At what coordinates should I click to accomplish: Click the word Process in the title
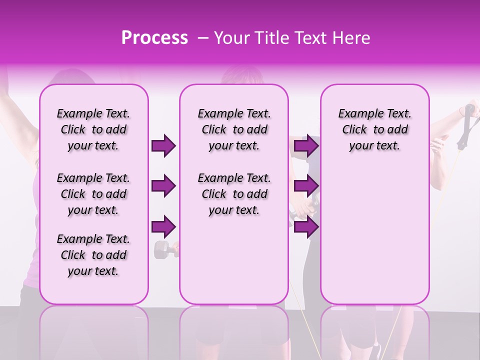tap(154, 38)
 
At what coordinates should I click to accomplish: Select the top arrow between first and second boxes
tap(163, 146)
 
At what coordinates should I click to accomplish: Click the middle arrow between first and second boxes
tap(163, 186)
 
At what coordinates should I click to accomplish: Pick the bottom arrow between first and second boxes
tap(163, 227)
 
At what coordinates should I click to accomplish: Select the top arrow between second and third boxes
tap(306, 146)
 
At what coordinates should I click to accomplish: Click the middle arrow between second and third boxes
tap(306, 186)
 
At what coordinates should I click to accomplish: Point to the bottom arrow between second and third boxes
tap(306, 227)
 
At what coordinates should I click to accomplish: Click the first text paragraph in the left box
tap(93, 129)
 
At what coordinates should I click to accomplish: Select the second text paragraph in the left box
tap(93, 194)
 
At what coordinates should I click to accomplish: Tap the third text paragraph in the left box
tap(93, 255)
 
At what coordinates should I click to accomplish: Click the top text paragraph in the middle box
tap(234, 129)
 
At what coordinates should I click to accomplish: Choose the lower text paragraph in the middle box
tap(234, 194)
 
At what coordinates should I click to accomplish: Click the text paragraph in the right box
tap(374, 129)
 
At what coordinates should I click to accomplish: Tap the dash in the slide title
tap(203, 38)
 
